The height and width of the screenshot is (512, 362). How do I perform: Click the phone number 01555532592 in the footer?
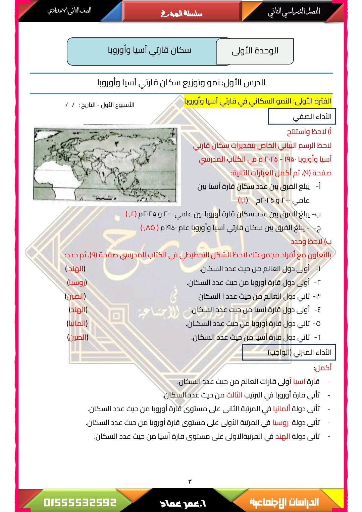tap(80, 502)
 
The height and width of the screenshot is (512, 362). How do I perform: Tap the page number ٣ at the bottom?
tap(190, 481)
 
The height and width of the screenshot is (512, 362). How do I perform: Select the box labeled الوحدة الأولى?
tap(255, 51)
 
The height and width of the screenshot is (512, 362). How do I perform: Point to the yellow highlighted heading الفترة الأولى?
tap(258, 101)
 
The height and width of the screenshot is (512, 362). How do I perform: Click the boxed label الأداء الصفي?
tap(302, 117)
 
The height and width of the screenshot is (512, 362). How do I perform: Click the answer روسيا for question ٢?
tap(77, 283)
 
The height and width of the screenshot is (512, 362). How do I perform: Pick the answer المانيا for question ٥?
tap(77, 324)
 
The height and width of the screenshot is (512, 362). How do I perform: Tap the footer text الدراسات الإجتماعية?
tap(284, 502)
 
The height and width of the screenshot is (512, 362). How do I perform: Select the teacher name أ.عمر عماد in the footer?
tap(183, 503)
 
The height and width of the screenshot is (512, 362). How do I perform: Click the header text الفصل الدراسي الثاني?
tap(294, 11)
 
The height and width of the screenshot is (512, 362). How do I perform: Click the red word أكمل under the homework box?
tap(322, 368)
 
